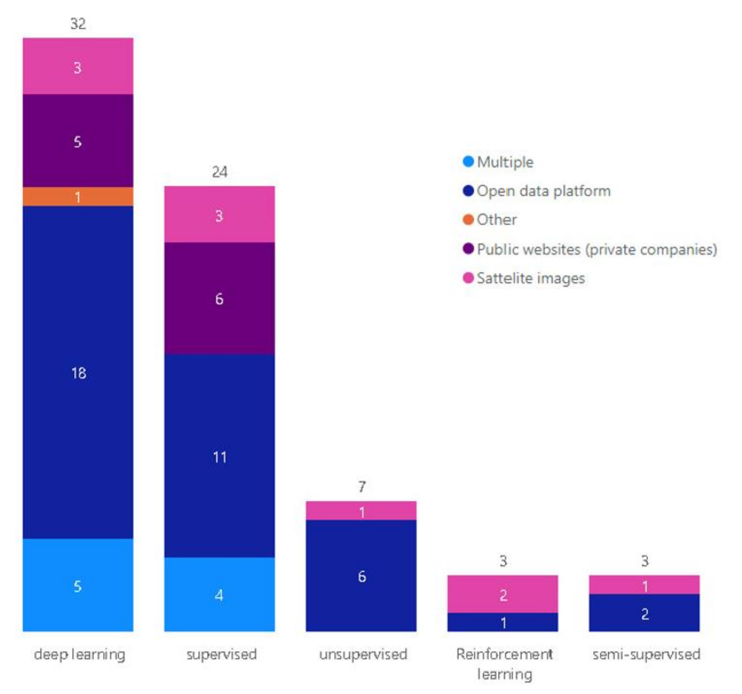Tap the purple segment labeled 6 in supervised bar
(219, 298)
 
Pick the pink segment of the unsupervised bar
(361, 510)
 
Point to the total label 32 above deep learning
(78, 24)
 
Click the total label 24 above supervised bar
(219, 172)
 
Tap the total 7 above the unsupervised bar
(361, 487)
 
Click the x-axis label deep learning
(79, 654)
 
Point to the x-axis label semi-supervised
(646, 654)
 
